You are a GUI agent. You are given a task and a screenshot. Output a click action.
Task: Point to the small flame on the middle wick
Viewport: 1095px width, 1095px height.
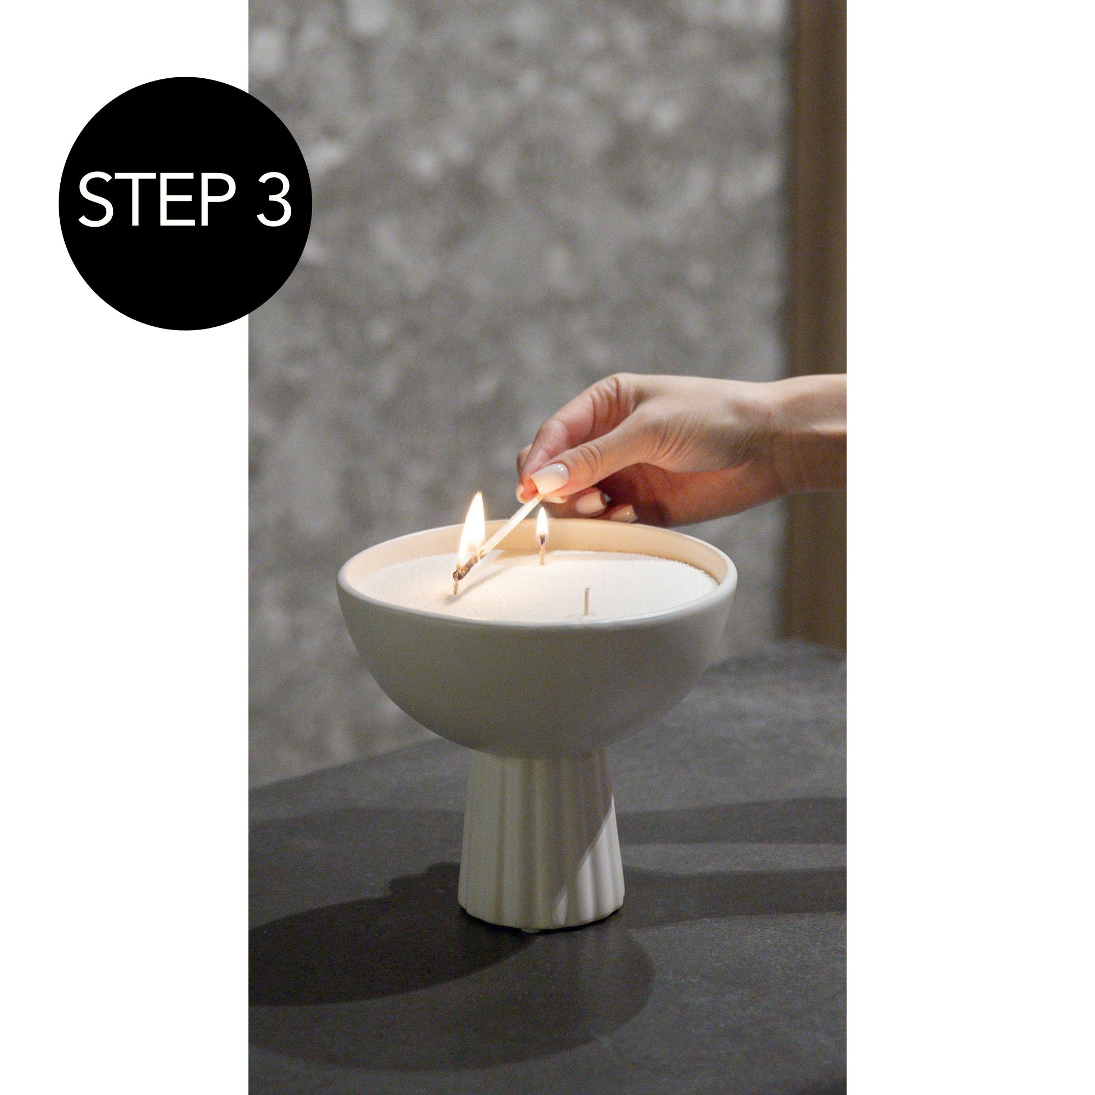click(542, 525)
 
